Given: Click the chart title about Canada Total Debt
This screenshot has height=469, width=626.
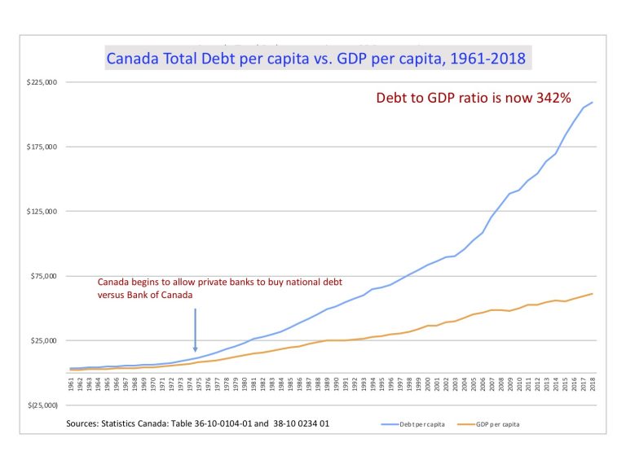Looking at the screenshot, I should pyautogui.click(x=319, y=59).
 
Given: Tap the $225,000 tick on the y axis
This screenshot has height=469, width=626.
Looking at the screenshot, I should pyautogui.click(x=43, y=82).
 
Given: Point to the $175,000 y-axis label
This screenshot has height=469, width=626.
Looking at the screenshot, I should pyautogui.click(x=43, y=147).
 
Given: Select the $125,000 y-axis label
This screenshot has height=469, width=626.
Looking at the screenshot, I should pyautogui.click(x=43, y=212).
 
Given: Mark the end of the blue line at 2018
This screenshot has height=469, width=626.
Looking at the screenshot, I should pyautogui.click(x=593, y=102).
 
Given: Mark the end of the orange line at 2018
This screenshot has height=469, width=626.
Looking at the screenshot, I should pyautogui.click(x=593, y=293).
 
